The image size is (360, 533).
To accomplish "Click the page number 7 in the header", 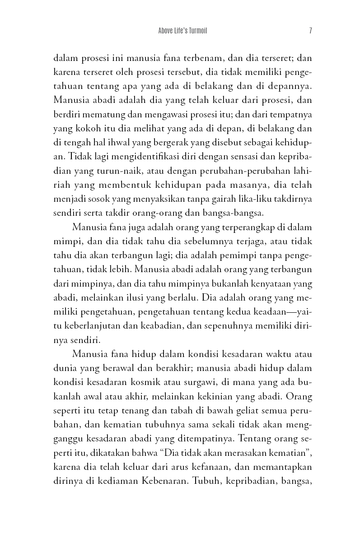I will coord(311,31).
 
